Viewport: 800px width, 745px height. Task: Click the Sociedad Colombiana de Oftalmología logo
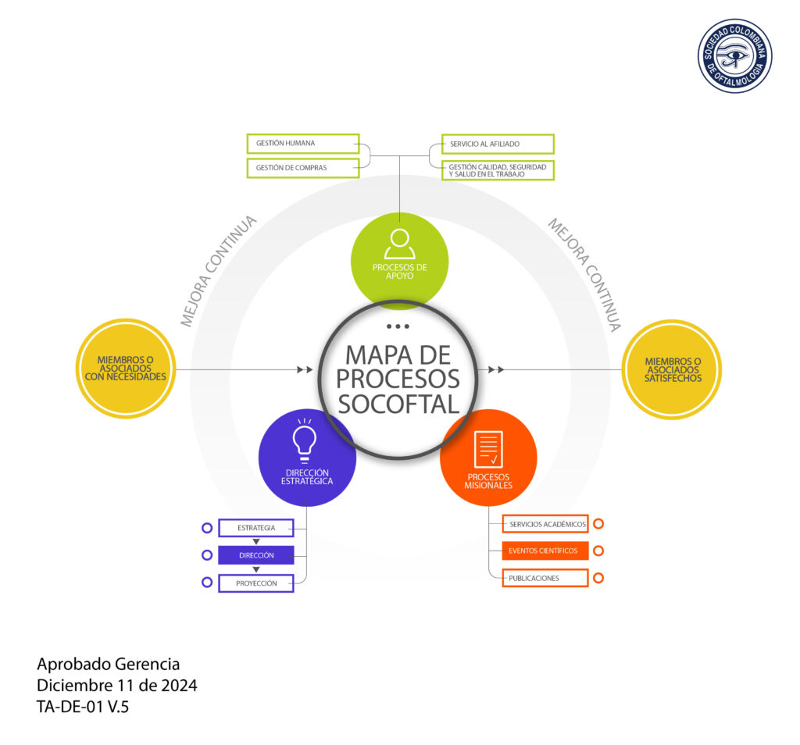coord(734,56)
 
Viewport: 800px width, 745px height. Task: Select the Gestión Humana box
coord(302,144)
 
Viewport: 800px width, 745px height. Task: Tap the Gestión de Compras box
coord(302,168)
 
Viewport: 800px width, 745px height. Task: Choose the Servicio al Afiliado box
coord(498,144)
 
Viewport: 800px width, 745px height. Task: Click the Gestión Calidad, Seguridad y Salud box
coord(498,170)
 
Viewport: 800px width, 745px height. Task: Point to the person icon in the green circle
coord(399,243)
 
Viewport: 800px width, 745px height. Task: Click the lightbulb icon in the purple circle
coord(304,440)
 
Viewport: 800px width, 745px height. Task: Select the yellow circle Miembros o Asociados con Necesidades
coord(126,369)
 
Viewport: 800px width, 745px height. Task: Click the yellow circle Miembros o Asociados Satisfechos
coord(672,369)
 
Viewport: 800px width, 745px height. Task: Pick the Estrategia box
coord(256,529)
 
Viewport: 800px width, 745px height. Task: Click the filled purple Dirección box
coord(256,555)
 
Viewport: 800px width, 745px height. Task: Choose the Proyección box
coord(256,583)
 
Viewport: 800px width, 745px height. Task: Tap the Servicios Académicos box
coord(545,524)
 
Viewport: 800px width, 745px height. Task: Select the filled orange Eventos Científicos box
coord(545,551)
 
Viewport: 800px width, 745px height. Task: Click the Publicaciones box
coord(545,578)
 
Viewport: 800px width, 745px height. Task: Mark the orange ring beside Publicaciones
coord(598,578)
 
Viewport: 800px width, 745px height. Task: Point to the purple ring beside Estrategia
coord(207,529)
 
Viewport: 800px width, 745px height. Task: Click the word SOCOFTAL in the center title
coord(399,404)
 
